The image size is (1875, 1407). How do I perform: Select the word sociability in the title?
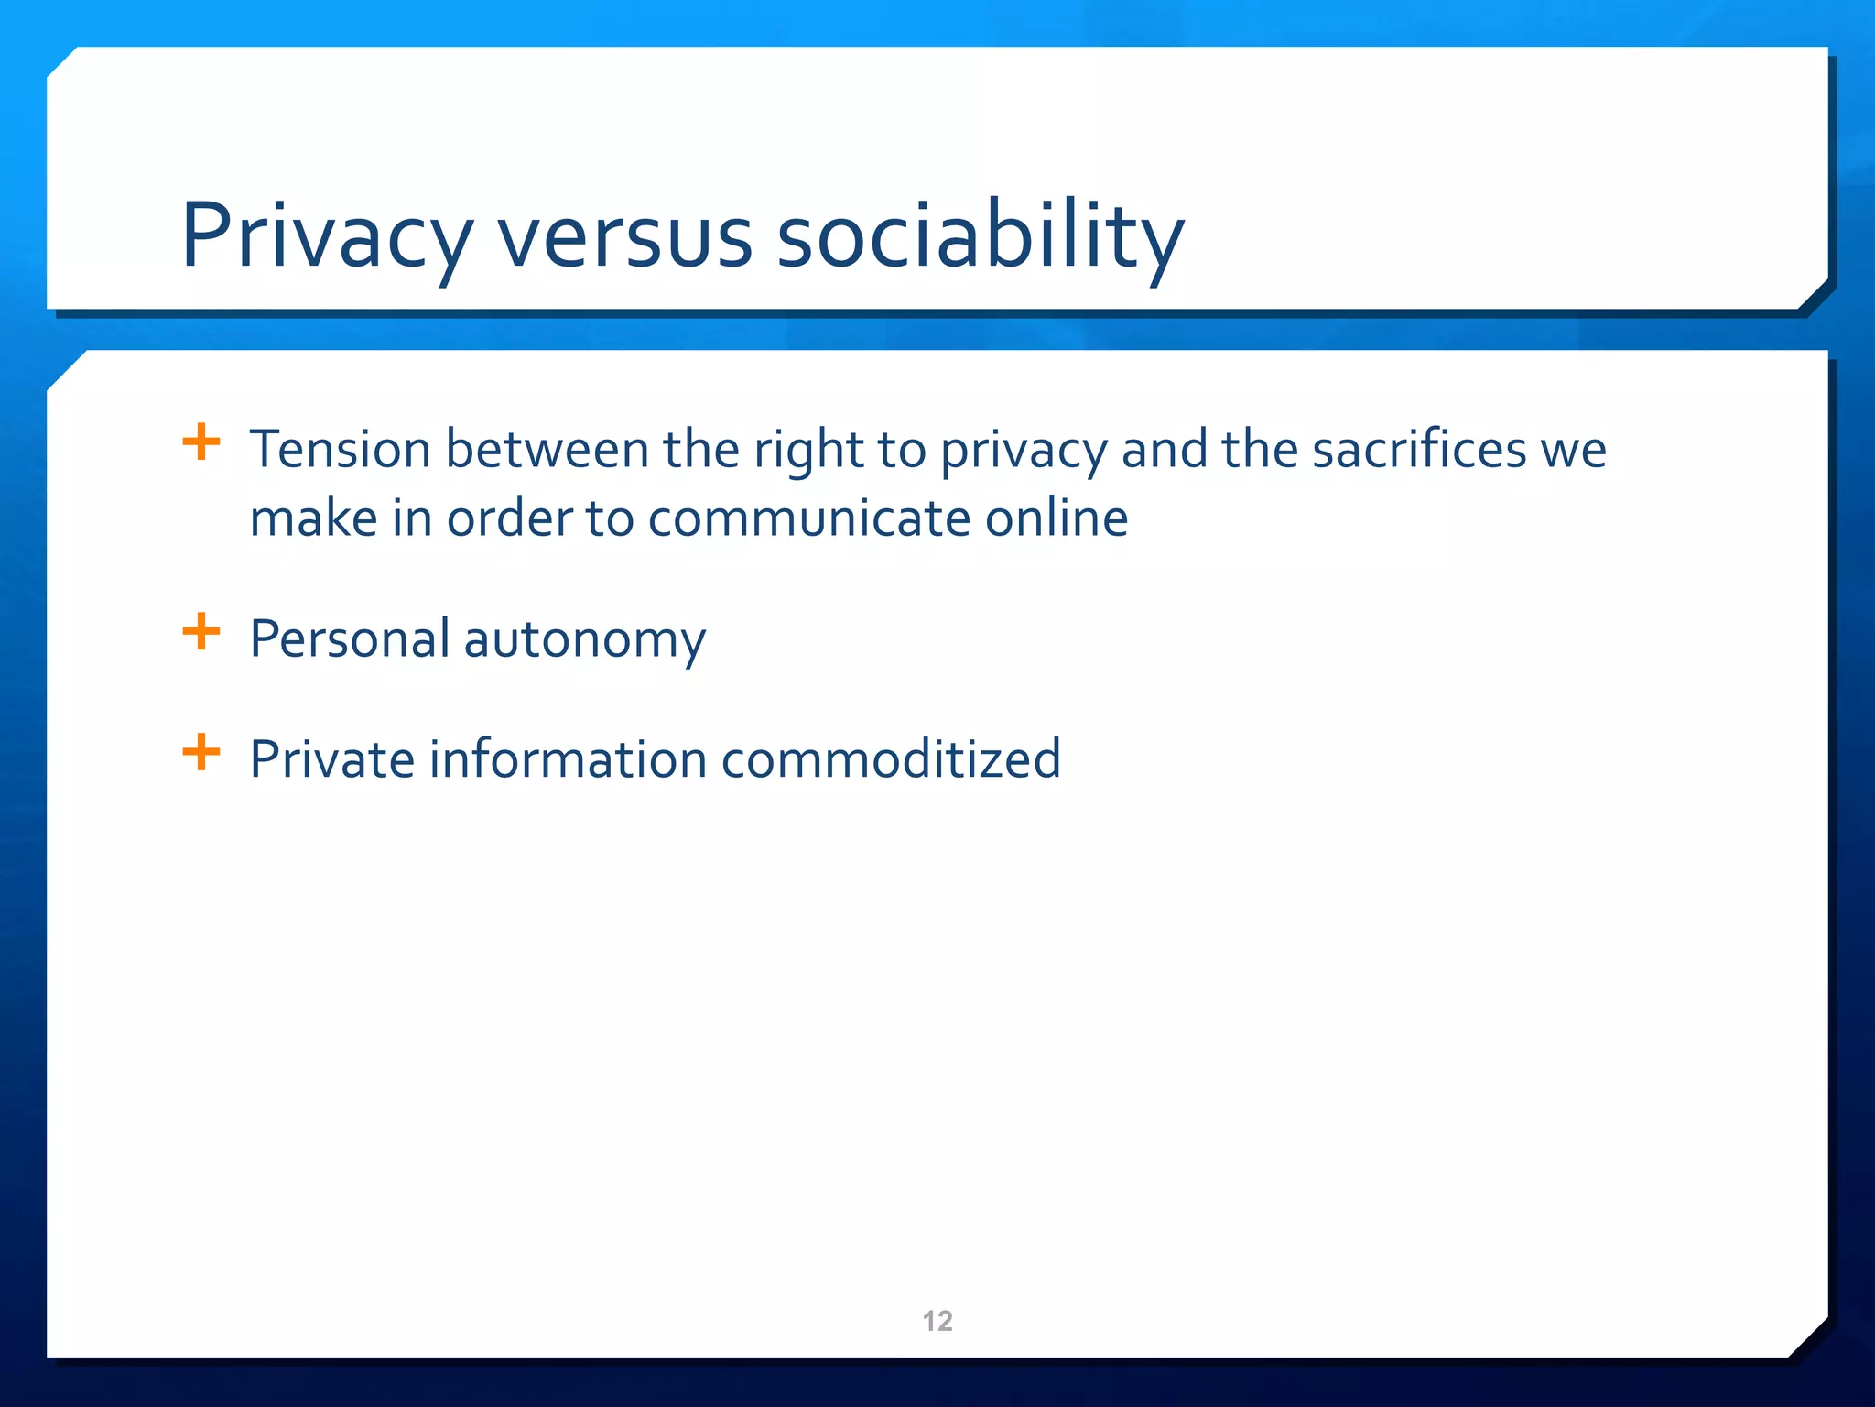tap(980, 236)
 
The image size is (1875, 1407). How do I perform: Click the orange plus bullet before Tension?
tap(201, 442)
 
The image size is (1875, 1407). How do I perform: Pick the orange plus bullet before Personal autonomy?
tap(201, 632)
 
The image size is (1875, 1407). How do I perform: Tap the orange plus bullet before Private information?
tap(201, 753)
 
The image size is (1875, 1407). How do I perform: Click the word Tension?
tap(340, 450)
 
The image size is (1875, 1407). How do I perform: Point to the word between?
tap(547, 450)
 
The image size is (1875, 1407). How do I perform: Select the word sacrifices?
tap(1418, 450)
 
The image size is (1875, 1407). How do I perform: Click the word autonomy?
tap(585, 640)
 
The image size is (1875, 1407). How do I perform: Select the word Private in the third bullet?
tap(332, 759)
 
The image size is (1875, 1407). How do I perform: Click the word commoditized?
tap(891, 759)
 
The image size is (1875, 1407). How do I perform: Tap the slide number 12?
tap(937, 1321)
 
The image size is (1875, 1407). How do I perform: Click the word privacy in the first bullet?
tap(1024, 452)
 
